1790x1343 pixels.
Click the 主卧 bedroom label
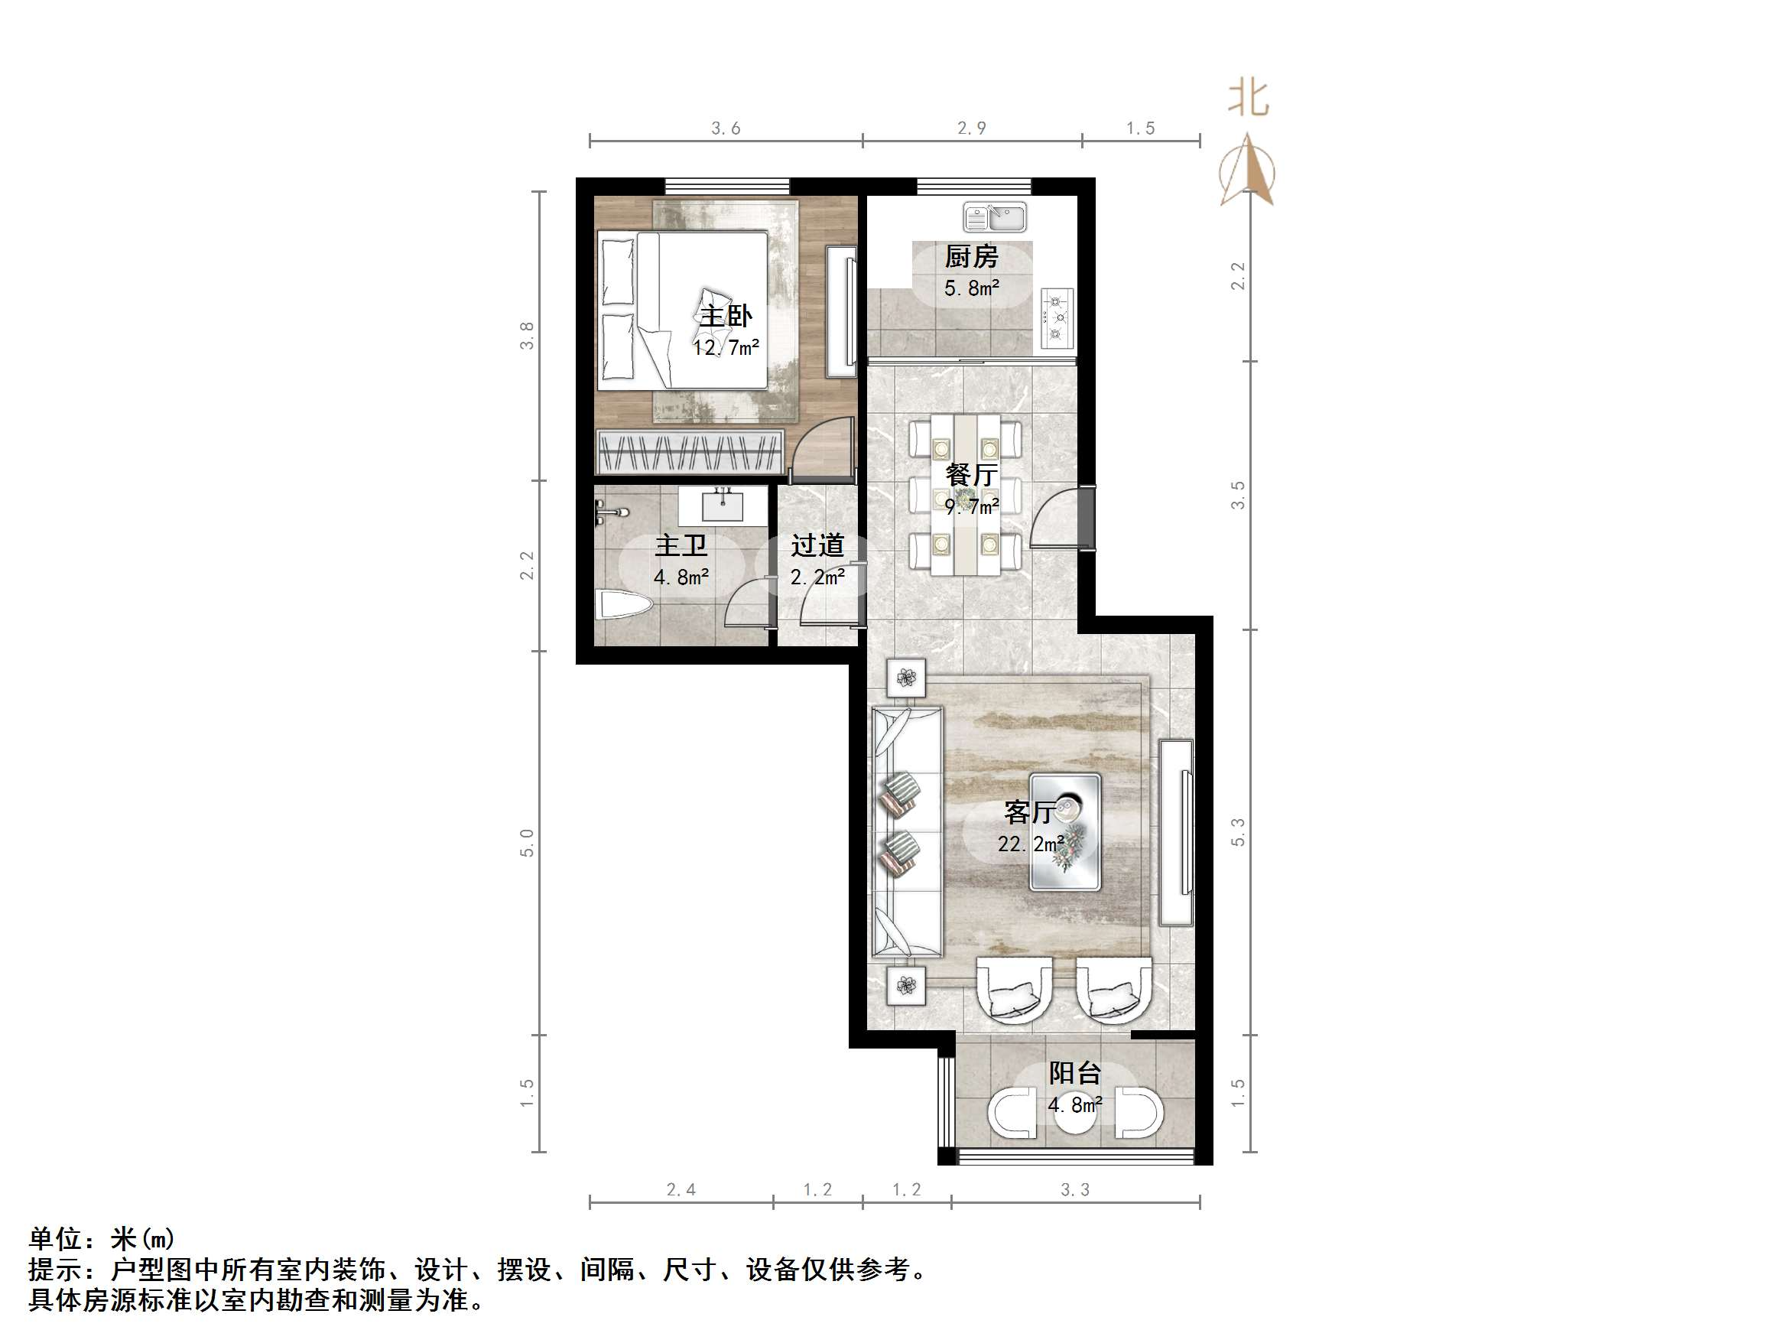pos(725,316)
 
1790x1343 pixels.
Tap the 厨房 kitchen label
pos(971,257)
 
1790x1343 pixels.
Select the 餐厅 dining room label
pos(971,473)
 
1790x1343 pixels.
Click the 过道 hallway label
pos(817,545)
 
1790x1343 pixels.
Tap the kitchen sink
pos(995,217)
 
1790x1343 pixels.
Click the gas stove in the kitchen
pos(1057,318)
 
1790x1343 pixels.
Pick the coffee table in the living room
pos(1064,832)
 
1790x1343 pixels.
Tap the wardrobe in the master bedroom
pos(690,452)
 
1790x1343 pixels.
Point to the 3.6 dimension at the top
pos(725,128)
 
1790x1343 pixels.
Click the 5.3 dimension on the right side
pos(1237,832)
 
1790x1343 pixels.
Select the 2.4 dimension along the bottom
pos(681,1189)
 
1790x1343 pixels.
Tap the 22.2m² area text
pos(1030,844)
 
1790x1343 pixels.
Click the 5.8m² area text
pos(971,288)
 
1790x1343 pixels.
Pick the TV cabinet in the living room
pos(1176,832)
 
